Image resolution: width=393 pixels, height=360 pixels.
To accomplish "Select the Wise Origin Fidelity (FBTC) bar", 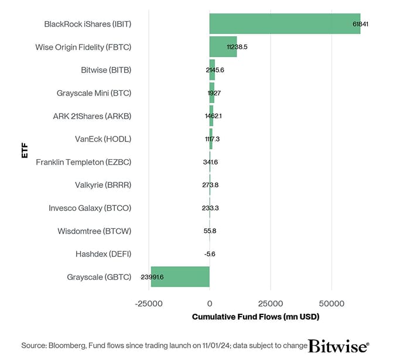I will (223, 47).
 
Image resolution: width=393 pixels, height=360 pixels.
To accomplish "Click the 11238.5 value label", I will (237, 47).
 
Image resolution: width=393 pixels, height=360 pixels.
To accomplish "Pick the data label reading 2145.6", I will (211, 70).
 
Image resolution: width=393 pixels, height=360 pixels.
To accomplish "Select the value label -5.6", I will (210, 253).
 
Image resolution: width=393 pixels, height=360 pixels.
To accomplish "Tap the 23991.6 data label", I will (152, 276).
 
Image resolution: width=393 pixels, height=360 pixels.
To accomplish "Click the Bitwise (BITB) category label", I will (106, 70).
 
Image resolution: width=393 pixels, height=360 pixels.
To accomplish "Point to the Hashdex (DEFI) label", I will (104, 253).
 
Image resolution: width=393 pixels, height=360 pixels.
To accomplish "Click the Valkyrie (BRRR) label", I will (102, 184).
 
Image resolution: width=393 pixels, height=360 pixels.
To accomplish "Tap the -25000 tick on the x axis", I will (148, 304).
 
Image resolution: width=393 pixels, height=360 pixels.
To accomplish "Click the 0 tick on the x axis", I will (210, 304).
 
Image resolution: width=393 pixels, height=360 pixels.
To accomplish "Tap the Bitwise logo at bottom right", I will (339, 346).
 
